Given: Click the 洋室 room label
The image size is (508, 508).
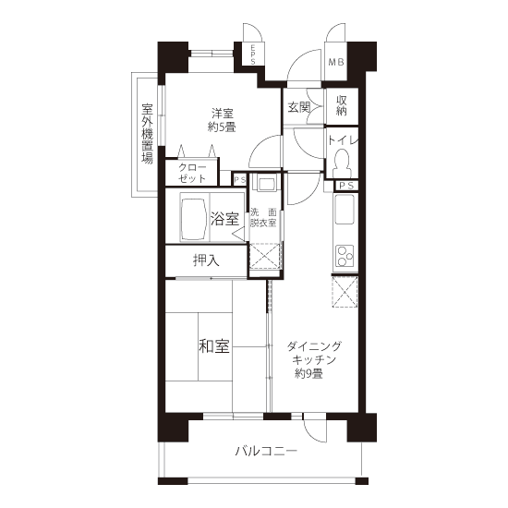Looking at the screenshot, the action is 223,114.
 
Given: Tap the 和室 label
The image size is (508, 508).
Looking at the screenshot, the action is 214,346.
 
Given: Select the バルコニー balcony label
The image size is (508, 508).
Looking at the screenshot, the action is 266,451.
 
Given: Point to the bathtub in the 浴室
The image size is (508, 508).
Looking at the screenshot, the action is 194,219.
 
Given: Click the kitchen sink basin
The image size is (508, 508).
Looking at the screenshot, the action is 345,210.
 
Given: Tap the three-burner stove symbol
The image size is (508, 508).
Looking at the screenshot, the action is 345,256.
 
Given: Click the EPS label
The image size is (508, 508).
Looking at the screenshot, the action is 253,54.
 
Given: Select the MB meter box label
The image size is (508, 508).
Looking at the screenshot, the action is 336,62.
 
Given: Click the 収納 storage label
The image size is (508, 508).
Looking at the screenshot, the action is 342,105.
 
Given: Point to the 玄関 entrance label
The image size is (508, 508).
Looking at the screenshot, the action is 298,107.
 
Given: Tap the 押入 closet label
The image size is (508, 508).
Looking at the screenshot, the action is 206,260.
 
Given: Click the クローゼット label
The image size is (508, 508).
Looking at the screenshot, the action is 192,174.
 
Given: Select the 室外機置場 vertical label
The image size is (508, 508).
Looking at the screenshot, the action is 147,134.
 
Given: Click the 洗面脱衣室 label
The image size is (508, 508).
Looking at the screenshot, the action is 263,218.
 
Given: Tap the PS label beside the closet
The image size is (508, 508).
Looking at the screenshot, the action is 240,179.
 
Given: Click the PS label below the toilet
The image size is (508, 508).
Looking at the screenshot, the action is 346,186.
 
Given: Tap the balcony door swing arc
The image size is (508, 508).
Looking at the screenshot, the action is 310,433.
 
